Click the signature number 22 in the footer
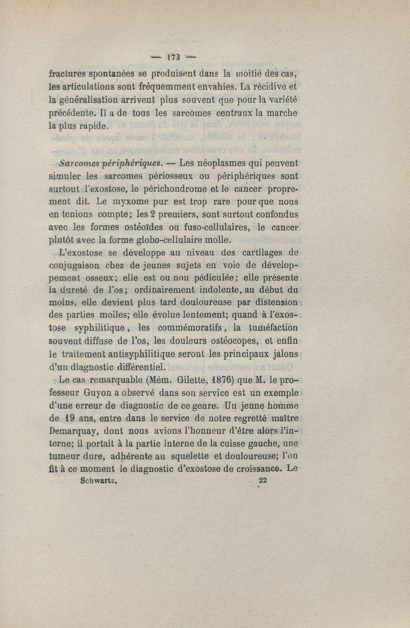[x=263, y=480]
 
